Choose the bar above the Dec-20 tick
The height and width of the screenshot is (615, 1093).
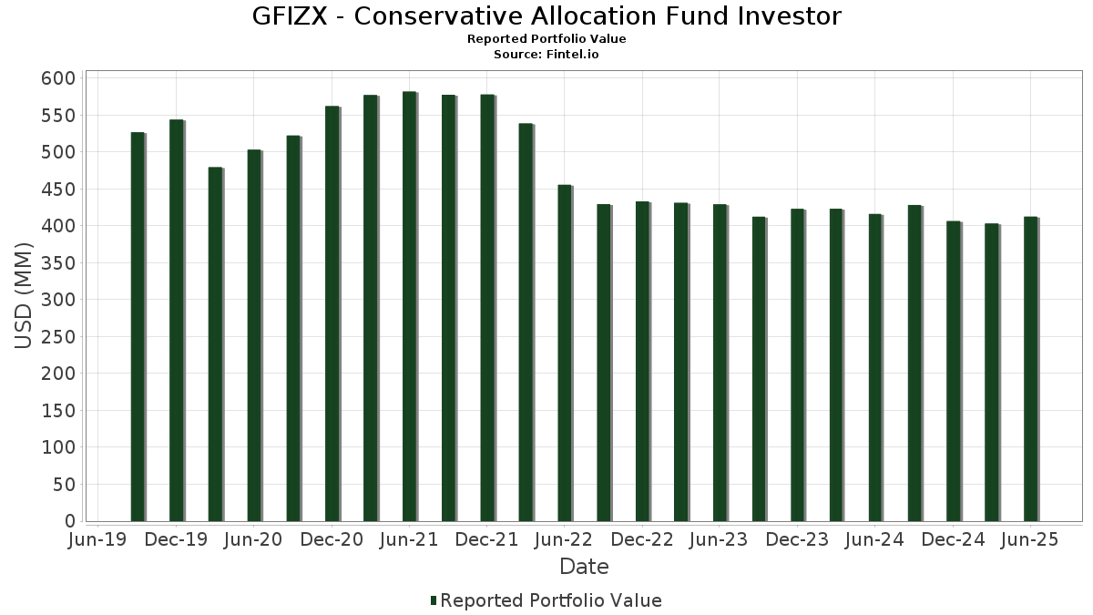pos(332,313)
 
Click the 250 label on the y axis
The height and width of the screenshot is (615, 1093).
pos(57,337)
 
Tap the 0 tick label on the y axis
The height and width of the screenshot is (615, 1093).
pos(69,521)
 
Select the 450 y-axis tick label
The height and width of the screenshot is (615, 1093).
pos(57,190)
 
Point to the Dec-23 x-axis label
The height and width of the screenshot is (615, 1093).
pos(796,540)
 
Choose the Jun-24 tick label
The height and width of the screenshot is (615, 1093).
pos(874,540)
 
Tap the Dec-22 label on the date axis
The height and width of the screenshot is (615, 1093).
pos(642,540)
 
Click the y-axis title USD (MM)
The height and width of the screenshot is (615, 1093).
pos(26,296)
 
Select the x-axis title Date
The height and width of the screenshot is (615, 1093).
pos(584,567)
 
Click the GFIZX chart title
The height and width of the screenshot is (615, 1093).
pos(546,16)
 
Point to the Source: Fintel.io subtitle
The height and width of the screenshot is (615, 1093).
pos(546,54)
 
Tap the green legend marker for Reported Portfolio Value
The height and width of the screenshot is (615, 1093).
pos(434,600)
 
